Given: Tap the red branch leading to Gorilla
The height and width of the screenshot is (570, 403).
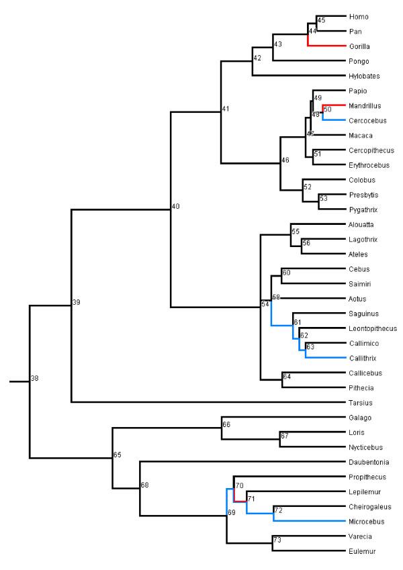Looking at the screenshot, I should pos(329,46).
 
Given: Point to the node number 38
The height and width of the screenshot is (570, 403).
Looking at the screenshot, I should pos(35,379).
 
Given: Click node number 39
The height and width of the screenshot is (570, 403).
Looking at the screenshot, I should pos(76,303).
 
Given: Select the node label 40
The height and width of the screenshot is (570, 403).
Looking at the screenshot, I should pos(175,206).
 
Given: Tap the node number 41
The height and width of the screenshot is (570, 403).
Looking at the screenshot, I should pos(226,109).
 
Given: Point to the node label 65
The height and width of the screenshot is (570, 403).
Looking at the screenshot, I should pos(117,455).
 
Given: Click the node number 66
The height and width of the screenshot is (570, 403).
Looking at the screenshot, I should pos(226,424).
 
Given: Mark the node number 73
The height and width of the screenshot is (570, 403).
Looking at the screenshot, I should pos(277,539).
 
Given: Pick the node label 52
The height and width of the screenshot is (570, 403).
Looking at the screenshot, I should pos(307,187).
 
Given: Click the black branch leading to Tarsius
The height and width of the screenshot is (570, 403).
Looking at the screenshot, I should pos(201,403).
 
